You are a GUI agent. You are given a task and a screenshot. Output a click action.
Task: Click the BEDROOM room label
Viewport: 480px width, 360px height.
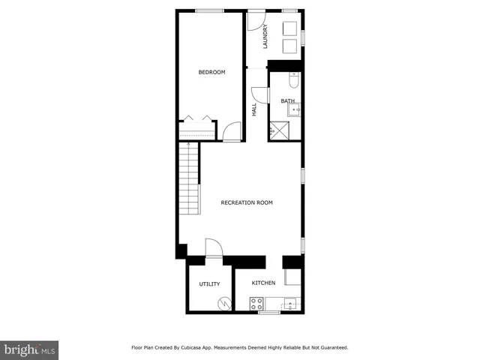point(211,72)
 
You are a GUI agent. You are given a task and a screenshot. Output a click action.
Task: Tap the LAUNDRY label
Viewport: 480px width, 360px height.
point(265,37)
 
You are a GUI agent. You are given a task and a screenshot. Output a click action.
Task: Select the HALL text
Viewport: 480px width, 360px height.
point(255,109)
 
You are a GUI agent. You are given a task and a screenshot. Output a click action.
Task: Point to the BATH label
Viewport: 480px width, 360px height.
point(287,101)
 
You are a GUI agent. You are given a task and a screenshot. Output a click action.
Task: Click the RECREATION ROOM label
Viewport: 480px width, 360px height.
point(246,202)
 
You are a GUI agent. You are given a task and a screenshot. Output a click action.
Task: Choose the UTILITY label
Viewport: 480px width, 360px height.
point(209,284)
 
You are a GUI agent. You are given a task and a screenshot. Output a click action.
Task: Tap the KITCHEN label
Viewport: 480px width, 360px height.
point(263,283)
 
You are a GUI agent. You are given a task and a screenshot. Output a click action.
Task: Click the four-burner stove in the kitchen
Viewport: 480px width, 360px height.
point(256,304)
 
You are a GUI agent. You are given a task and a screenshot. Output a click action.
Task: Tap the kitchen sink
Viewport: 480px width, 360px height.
point(289,305)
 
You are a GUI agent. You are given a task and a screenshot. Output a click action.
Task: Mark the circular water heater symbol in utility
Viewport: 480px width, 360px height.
point(223,304)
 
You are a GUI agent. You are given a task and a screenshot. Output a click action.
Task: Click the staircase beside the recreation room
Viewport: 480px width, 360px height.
point(189,180)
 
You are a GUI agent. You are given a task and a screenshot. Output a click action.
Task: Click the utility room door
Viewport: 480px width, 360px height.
point(213,248)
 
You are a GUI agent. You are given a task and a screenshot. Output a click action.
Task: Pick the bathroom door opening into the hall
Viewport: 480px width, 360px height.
point(260,95)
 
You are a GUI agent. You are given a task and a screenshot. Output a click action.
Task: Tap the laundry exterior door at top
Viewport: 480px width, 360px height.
point(257,18)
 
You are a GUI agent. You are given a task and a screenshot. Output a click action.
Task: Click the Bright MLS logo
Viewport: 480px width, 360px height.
point(30,349)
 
